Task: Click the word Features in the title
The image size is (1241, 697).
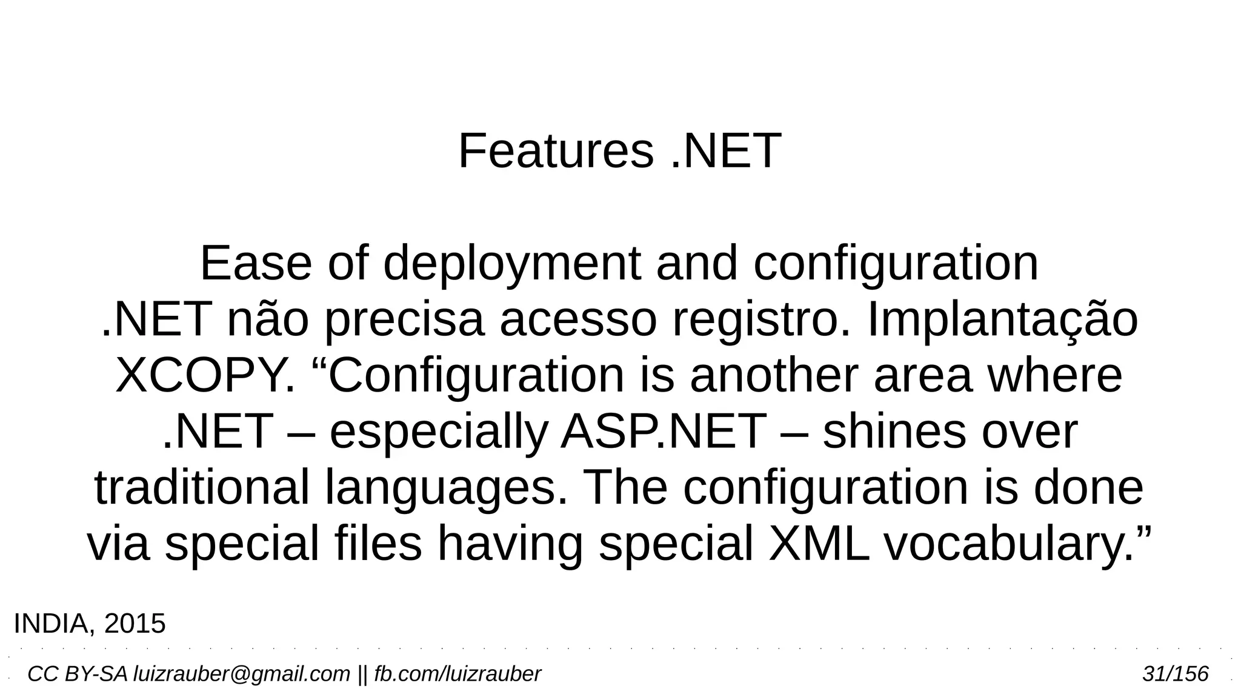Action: tap(556, 151)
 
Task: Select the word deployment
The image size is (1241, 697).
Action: tap(511, 264)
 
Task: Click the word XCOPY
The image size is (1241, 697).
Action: tap(205, 376)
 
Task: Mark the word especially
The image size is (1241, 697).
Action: tap(438, 433)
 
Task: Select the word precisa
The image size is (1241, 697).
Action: tap(404, 321)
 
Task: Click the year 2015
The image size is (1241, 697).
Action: tap(135, 624)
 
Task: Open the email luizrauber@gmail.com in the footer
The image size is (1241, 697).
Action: tap(241, 674)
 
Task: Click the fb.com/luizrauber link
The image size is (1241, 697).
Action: tap(457, 674)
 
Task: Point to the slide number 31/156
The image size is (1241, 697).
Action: tap(1175, 674)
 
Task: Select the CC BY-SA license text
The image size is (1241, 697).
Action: tap(78, 674)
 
